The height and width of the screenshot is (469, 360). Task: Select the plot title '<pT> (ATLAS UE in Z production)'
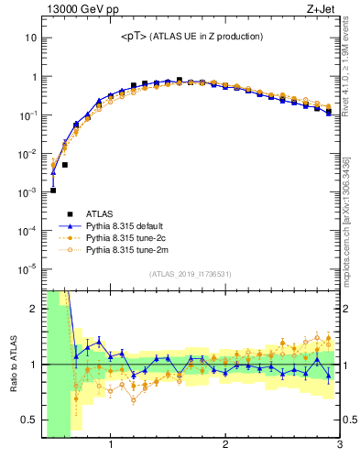tap(191, 37)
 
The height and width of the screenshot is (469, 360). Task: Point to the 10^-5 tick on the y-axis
tap(27, 268)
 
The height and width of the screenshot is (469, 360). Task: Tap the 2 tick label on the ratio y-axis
tap(34, 309)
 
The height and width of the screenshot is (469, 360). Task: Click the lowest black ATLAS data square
tap(53, 191)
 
